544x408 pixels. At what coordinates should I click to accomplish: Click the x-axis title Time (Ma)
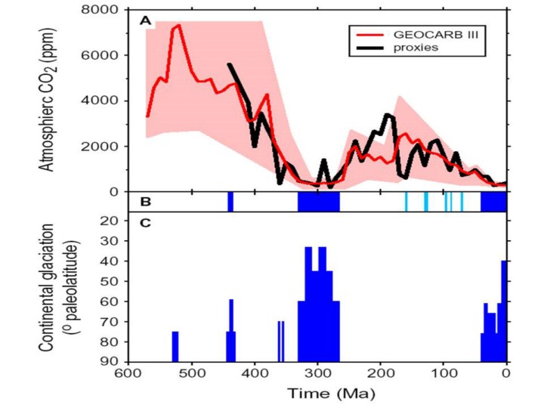pyautogui.click(x=317, y=394)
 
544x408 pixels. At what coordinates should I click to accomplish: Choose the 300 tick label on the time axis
pyautogui.click(x=317, y=373)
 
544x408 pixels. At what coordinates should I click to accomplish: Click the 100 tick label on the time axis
pyautogui.click(x=444, y=373)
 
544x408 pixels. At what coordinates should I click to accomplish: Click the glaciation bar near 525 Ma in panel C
pyautogui.click(x=175, y=347)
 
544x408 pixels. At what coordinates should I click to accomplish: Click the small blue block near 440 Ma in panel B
pyautogui.click(x=230, y=202)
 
